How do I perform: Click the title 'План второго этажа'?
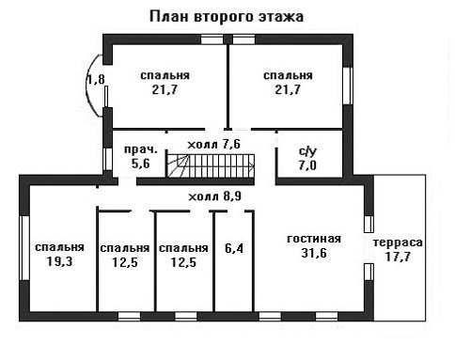tap(227, 17)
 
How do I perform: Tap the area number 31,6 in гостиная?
tap(314, 253)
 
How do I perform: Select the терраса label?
tap(398, 243)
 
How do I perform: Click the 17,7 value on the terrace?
tap(398, 257)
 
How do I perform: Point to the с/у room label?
tap(307, 151)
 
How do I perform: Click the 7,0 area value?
tap(307, 165)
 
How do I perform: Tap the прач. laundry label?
tap(141, 149)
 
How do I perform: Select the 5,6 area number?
tap(141, 164)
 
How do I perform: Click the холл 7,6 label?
tap(214, 144)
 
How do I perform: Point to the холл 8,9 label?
tap(215, 196)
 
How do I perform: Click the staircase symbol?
tap(210, 165)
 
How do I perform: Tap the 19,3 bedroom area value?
tap(59, 261)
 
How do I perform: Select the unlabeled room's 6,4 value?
tap(234, 248)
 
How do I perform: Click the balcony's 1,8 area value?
tap(96, 79)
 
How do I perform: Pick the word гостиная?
tap(314, 239)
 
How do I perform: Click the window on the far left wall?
tap(24, 248)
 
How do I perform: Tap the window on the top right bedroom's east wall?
tap(348, 86)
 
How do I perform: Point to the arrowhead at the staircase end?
tap(251, 165)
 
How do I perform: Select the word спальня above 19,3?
tap(59, 247)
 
